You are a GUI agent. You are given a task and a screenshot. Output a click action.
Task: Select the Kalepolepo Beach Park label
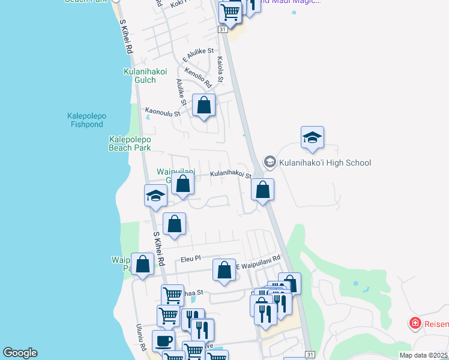[x=130, y=143]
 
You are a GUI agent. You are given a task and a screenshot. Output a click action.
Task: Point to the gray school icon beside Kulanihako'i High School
[x=270, y=162]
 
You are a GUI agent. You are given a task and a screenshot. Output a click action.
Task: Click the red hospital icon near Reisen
[x=414, y=324]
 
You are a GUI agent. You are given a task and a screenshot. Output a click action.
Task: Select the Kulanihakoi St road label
[x=230, y=175]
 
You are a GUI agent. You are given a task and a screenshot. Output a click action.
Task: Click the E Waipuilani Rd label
[x=258, y=259]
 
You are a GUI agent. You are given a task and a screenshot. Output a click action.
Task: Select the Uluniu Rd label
[x=140, y=337]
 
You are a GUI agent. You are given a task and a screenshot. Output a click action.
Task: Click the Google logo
[x=20, y=353]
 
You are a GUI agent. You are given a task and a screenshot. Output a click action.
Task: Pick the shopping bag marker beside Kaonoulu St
[x=204, y=105]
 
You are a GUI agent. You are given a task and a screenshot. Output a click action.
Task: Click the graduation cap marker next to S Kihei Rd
[x=155, y=196]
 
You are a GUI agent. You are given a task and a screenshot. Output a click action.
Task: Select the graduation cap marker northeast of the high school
[x=312, y=137]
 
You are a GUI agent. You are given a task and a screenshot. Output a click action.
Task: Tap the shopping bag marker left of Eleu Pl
[x=143, y=264]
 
